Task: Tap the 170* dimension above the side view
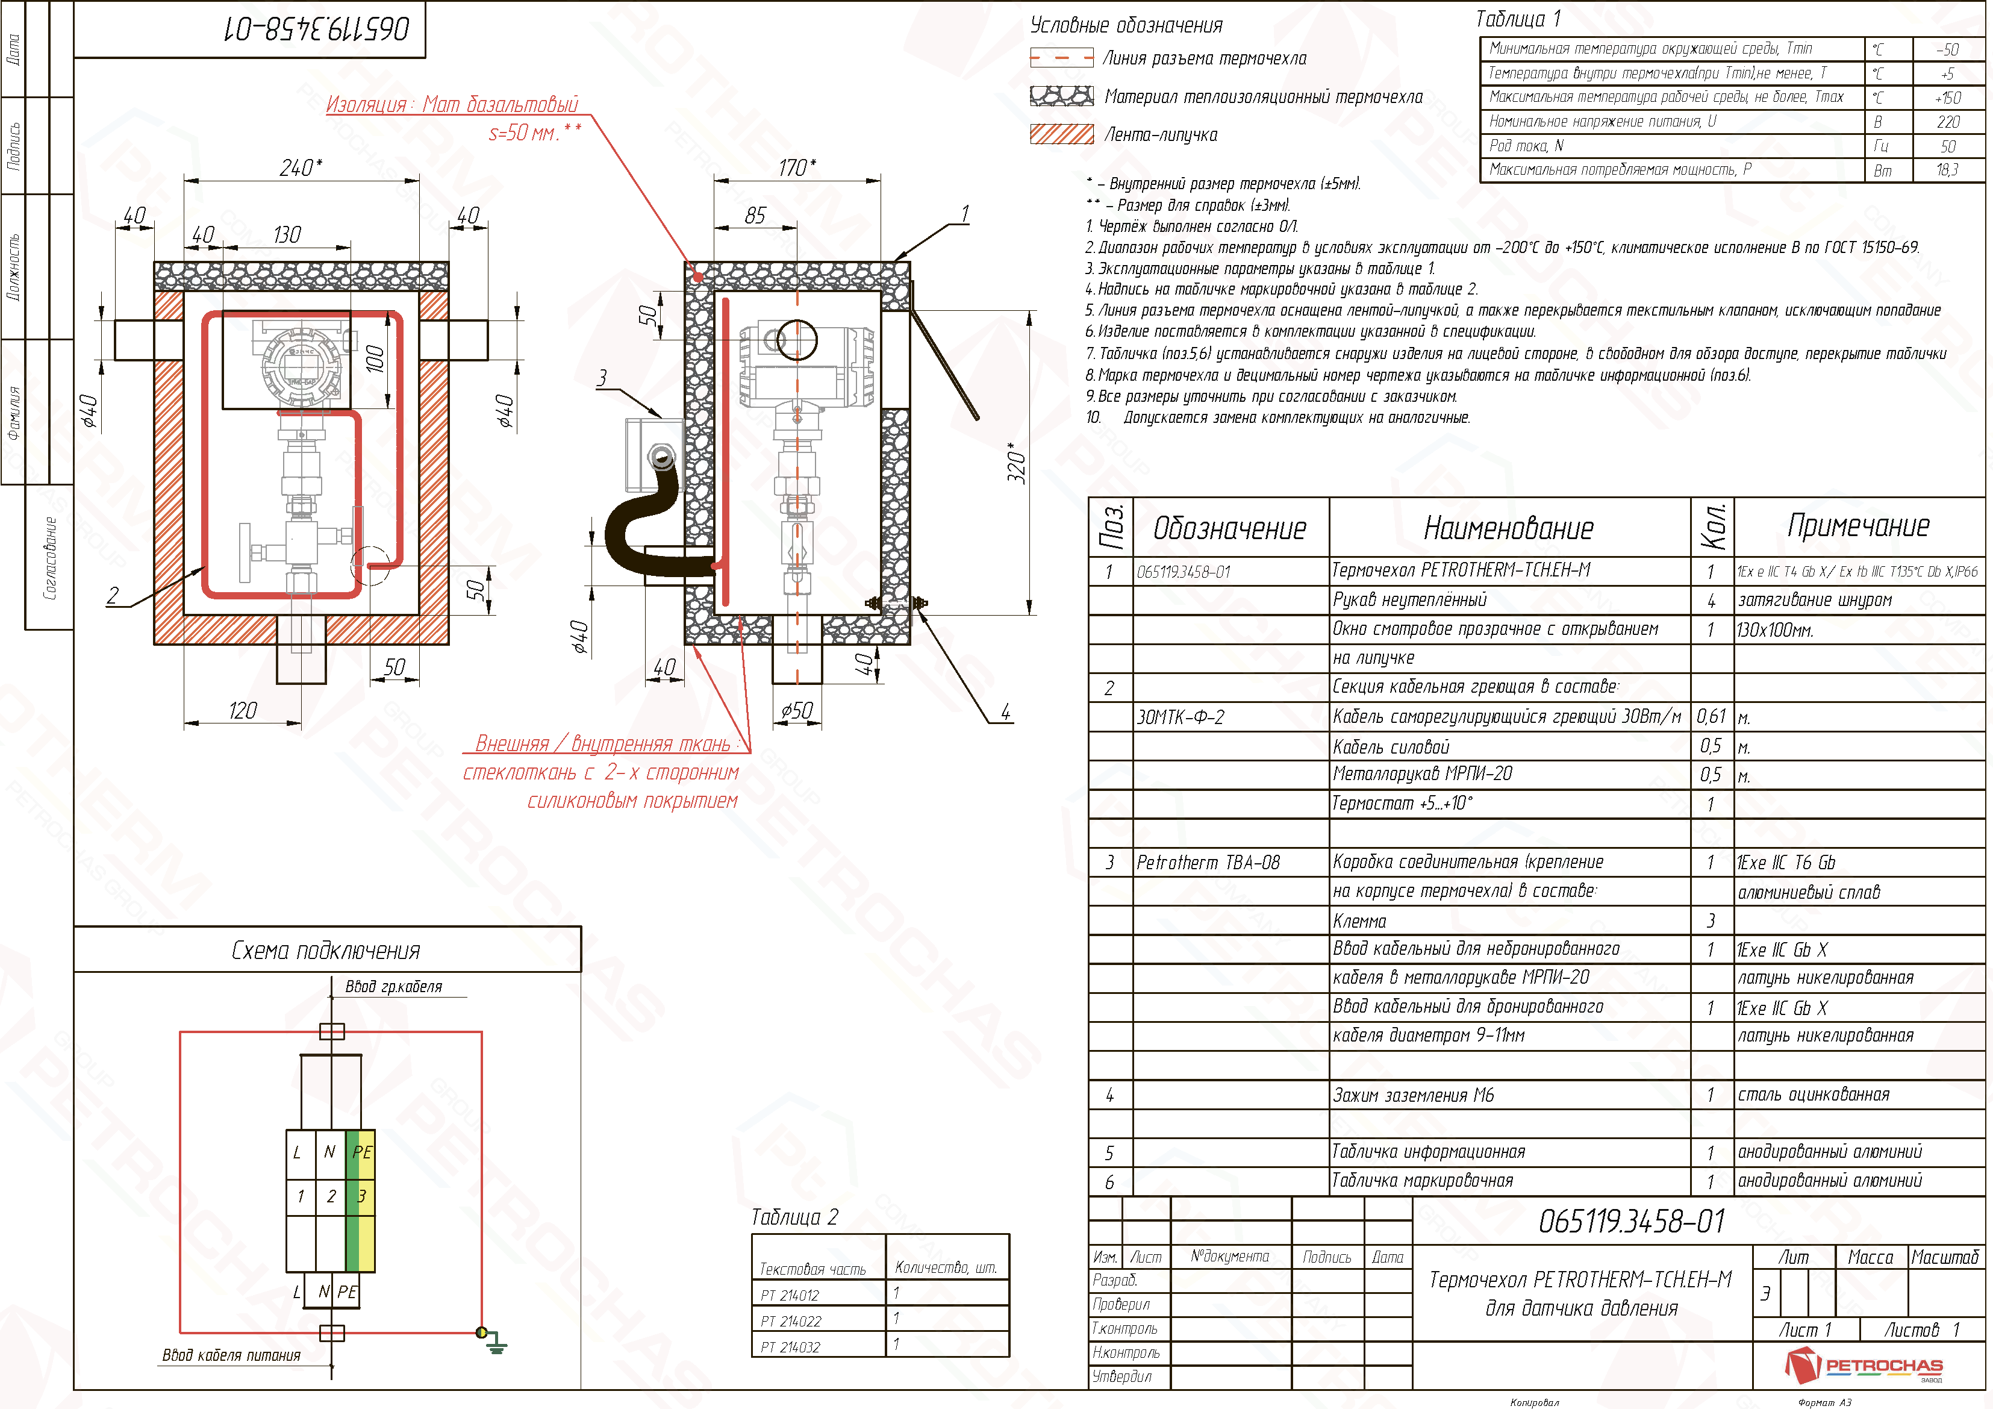tap(797, 167)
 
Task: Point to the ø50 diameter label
tap(796, 711)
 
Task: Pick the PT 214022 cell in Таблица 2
tap(790, 1321)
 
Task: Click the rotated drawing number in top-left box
tap(317, 30)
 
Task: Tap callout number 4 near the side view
tap(1005, 712)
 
